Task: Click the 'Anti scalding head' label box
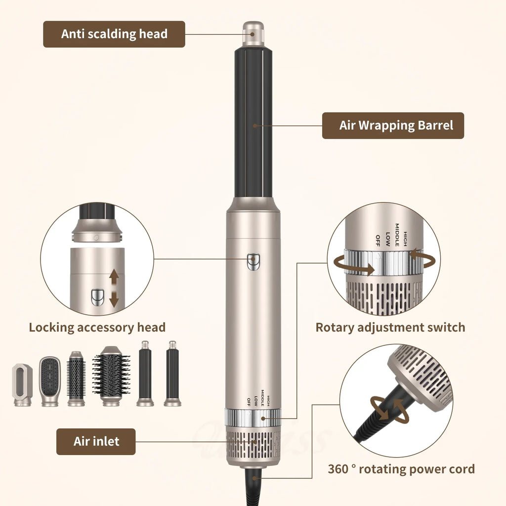(114, 34)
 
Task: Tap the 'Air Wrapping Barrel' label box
(393, 126)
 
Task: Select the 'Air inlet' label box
(96, 441)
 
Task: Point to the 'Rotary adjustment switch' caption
(390, 327)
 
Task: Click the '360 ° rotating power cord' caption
(401, 469)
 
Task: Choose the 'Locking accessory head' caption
(97, 327)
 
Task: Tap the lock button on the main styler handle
(253, 259)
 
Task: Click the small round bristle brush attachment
(76, 379)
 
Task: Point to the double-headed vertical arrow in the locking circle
(114, 289)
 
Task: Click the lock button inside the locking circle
(97, 297)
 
